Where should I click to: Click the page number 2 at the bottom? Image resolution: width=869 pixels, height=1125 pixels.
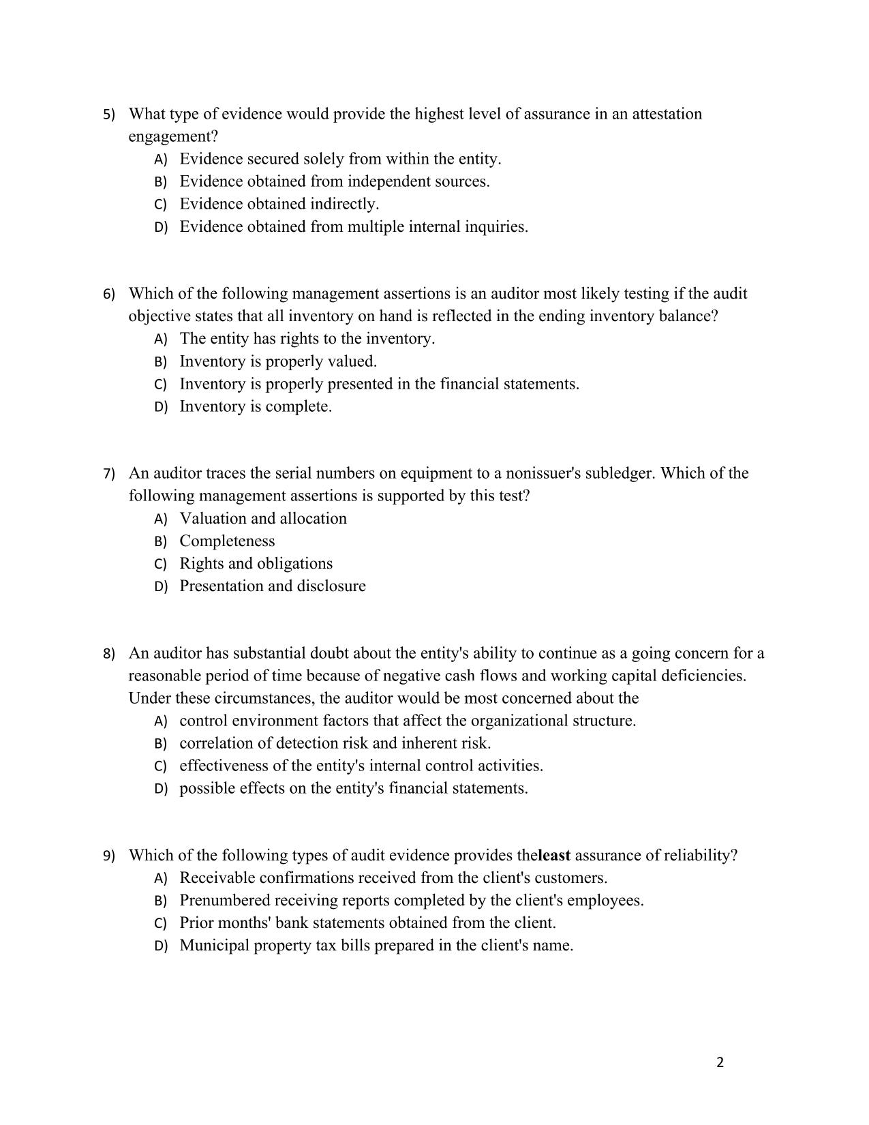point(720,1062)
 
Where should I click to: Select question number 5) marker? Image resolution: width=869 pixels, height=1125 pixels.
point(109,115)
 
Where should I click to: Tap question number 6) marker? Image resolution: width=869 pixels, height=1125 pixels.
point(109,295)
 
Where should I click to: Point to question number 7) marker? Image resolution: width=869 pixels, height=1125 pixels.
point(109,475)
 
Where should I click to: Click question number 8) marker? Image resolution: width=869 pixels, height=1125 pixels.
point(109,655)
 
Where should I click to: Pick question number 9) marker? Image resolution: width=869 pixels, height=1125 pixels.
point(109,856)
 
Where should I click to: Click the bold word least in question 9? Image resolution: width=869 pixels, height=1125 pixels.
point(554,856)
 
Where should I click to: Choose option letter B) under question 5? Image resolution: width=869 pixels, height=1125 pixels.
point(161,182)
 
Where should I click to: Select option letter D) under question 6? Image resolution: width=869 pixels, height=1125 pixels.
point(161,407)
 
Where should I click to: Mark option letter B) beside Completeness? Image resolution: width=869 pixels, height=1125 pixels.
point(161,542)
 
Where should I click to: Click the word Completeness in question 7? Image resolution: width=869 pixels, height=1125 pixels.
point(227,541)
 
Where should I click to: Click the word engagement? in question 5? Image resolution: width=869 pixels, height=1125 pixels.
point(173,136)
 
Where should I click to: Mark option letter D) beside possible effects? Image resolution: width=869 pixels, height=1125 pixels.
point(161,790)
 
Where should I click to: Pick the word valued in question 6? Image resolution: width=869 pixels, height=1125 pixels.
point(353,361)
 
